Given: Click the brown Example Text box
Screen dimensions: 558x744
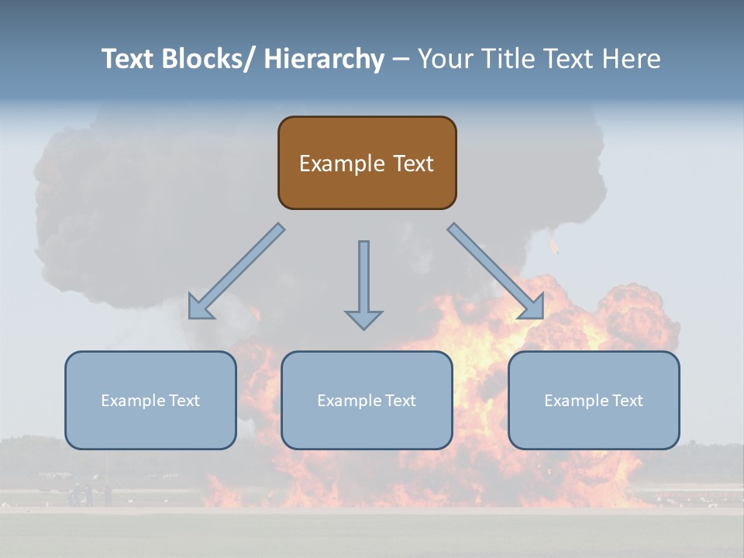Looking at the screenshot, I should tap(367, 163).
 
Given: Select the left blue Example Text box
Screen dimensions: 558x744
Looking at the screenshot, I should tap(150, 400).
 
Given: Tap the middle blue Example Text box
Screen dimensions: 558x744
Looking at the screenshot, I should tap(367, 400).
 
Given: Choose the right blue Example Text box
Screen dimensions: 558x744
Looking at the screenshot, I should tap(594, 400).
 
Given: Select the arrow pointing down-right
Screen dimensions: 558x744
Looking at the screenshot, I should tap(496, 271).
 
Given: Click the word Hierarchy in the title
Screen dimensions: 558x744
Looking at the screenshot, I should tap(324, 59).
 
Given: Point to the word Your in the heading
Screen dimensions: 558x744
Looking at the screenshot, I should tap(443, 59).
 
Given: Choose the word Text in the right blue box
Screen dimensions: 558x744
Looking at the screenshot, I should tap(626, 401).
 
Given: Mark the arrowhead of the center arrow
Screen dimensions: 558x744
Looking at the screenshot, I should tap(363, 319).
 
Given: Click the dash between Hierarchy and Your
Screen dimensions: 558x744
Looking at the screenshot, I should tap(401, 59).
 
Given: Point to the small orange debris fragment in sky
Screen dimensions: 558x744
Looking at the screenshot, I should tap(553, 246).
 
